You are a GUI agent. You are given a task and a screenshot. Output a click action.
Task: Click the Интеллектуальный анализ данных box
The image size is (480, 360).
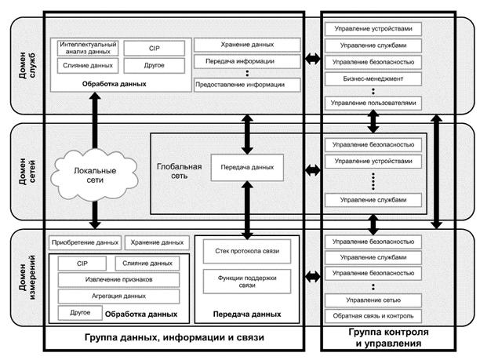(88, 49)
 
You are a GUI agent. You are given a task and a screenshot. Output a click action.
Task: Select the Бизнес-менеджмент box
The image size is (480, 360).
(373, 79)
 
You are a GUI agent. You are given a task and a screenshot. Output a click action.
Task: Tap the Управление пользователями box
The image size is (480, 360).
(373, 104)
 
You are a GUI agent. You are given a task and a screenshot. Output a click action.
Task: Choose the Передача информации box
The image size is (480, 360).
(247, 61)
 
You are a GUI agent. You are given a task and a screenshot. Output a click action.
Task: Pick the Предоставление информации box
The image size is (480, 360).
(247, 84)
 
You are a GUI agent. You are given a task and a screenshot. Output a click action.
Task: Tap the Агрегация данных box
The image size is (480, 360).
(119, 296)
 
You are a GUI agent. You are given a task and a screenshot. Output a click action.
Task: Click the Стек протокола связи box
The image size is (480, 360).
(247, 251)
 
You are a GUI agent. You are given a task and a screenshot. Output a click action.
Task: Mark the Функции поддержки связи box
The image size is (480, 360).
(247, 280)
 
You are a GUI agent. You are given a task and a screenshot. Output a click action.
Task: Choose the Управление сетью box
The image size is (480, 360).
(373, 300)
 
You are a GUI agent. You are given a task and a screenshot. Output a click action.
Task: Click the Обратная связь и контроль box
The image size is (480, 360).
(373, 316)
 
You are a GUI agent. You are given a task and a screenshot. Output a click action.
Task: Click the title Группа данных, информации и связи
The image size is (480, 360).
(174, 338)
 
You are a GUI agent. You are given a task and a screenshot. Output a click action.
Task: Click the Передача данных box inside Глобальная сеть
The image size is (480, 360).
(247, 168)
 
